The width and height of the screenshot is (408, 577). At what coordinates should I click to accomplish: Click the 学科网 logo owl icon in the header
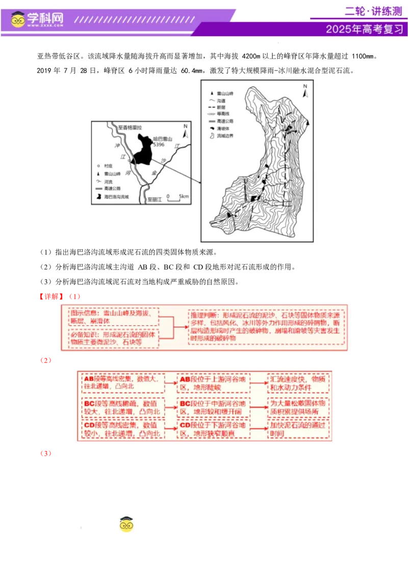tap(18, 19)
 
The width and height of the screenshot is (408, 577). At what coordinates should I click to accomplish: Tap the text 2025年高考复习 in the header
tap(364, 29)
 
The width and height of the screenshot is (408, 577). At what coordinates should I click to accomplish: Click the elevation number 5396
tap(159, 145)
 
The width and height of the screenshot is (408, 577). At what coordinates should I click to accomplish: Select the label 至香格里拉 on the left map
tap(130, 127)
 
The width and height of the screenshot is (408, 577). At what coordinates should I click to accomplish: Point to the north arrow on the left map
tap(186, 132)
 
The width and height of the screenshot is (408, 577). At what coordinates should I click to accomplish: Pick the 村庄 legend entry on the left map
tap(105, 166)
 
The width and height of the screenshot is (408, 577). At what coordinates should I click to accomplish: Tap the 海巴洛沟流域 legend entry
tap(113, 196)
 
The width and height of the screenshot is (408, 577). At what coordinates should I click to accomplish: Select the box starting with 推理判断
tap(267, 327)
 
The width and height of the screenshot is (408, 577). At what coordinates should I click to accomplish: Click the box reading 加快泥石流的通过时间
tap(299, 429)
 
